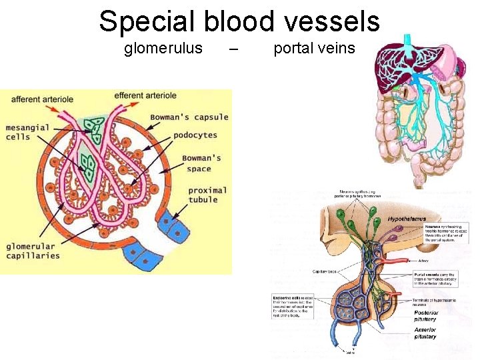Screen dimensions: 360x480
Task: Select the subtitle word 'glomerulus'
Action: (x=163, y=48)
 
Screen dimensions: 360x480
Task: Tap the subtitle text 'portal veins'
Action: (x=315, y=48)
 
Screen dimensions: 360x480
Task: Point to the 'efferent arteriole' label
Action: (x=145, y=95)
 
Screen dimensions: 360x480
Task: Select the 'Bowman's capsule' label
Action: (x=189, y=117)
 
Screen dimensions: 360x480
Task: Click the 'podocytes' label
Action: (x=195, y=135)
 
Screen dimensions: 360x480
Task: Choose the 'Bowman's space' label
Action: (x=203, y=163)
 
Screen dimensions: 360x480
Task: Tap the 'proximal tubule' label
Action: (x=207, y=195)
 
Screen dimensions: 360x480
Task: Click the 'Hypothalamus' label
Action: (x=407, y=219)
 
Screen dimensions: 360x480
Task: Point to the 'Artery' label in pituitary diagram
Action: (x=423, y=261)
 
